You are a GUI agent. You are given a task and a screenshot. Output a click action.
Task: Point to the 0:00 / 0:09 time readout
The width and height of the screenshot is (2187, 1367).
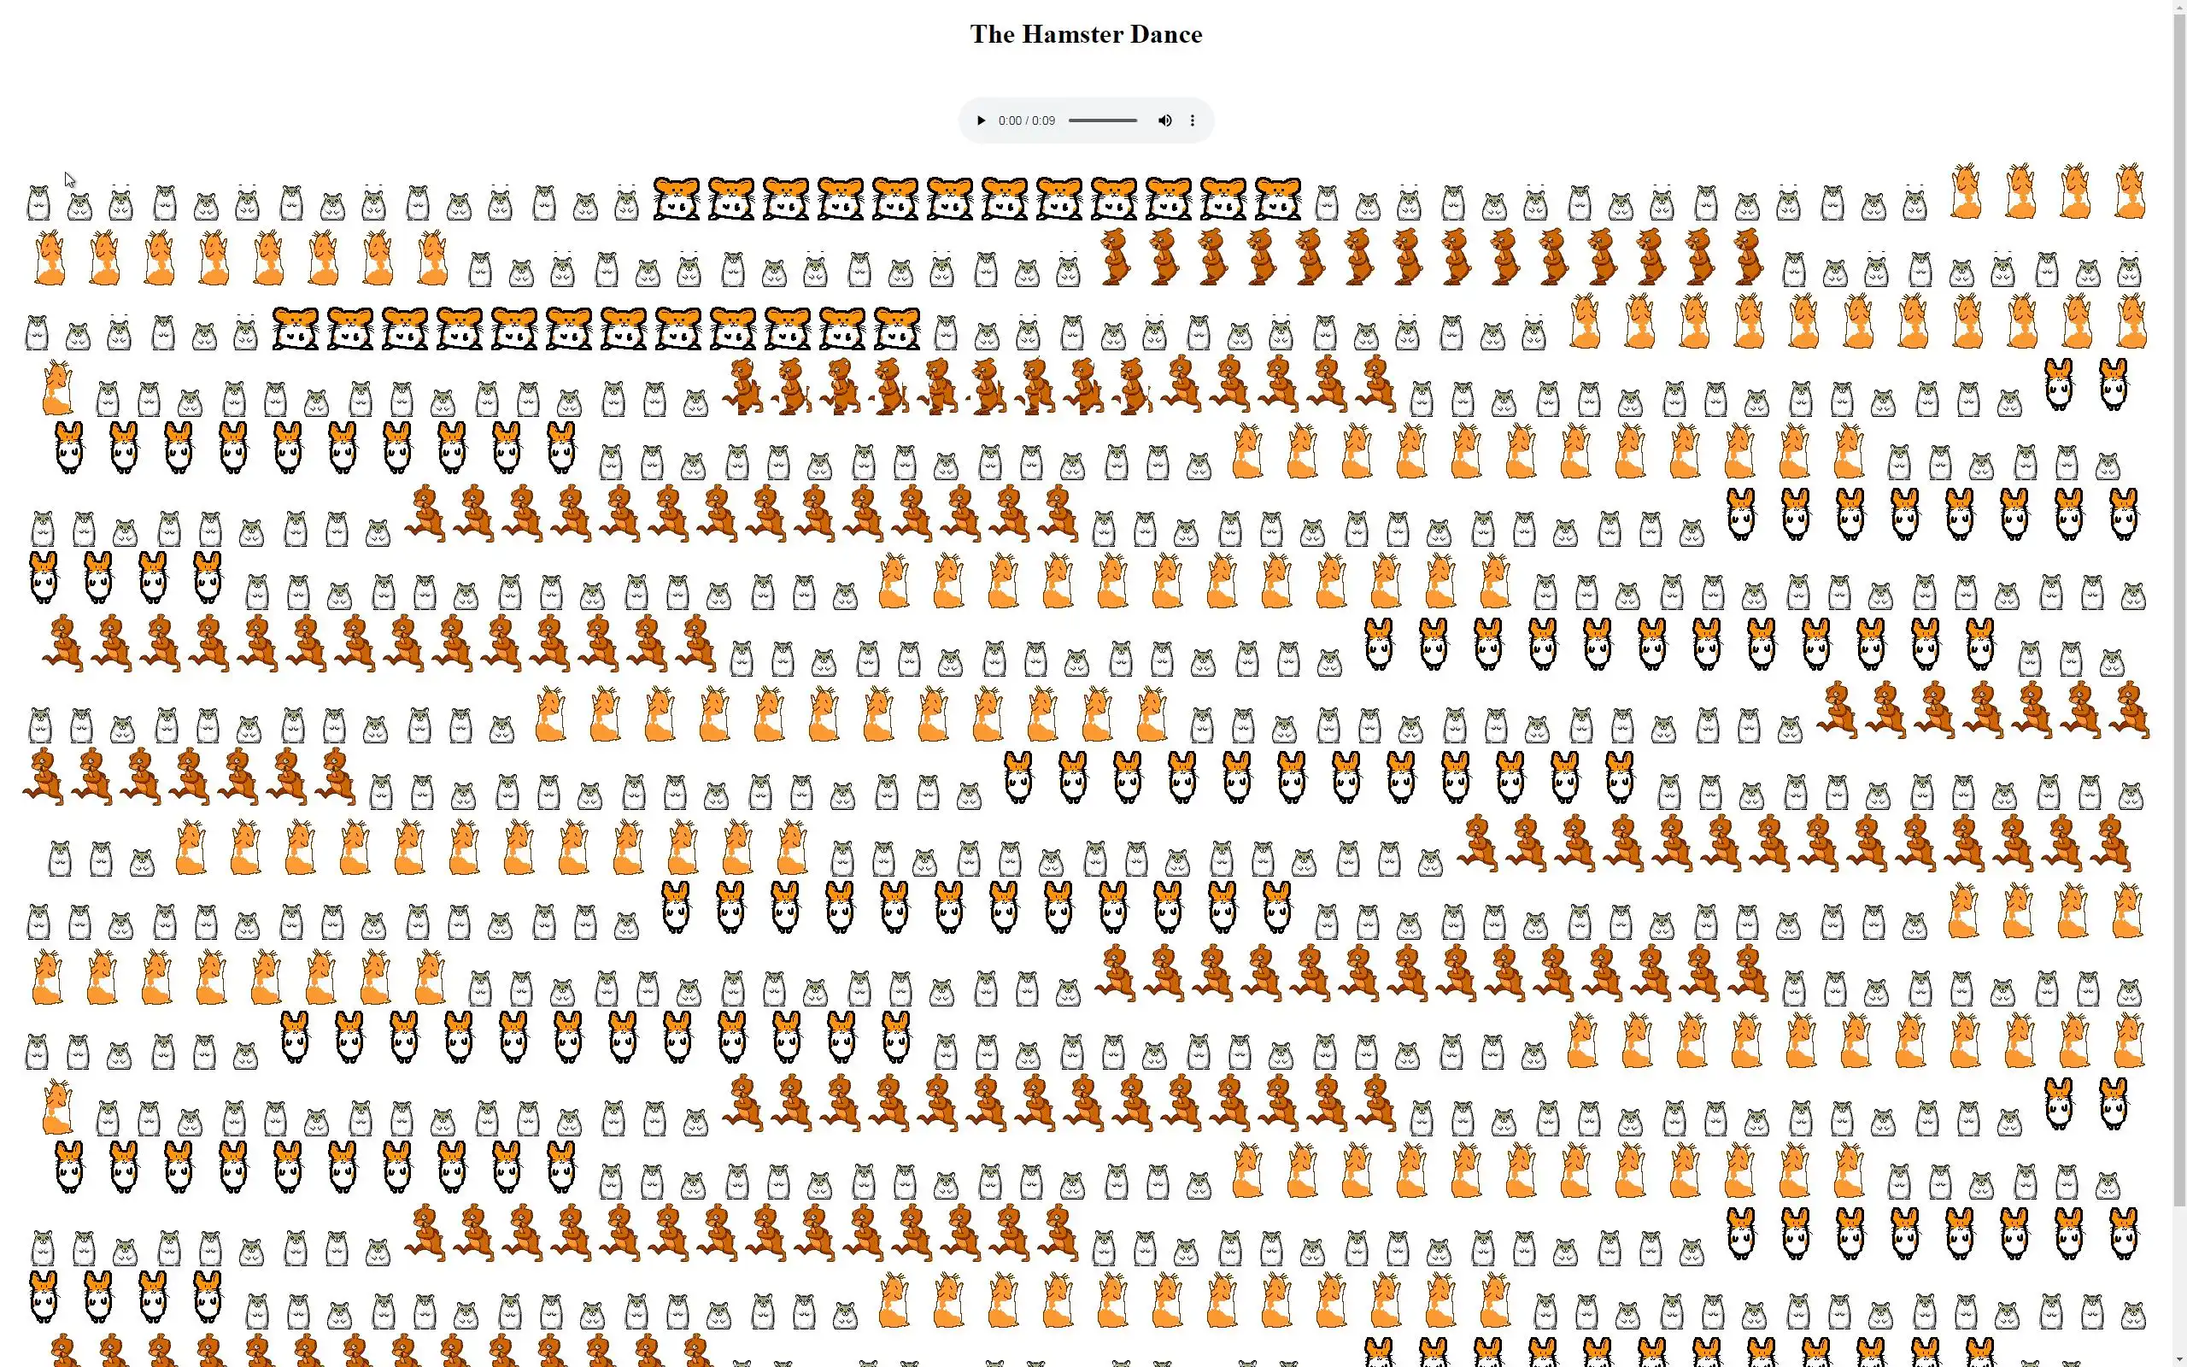coord(1027,120)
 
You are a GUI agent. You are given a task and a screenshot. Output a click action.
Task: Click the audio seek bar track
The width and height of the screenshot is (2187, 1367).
coord(1103,120)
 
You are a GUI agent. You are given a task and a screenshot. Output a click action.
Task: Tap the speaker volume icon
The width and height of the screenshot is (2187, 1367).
coord(1165,120)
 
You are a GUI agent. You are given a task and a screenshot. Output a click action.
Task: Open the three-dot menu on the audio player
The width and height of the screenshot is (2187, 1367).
coord(1192,120)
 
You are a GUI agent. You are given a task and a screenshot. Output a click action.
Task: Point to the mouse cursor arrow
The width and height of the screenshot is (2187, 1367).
coord(69,180)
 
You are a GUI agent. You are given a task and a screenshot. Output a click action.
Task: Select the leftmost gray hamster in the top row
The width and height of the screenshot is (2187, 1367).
coord(38,203)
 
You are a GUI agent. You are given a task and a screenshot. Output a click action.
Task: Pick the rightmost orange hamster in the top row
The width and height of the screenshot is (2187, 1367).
coord(2129,191)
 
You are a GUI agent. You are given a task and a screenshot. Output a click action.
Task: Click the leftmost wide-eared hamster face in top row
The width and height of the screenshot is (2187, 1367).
coord(676,199)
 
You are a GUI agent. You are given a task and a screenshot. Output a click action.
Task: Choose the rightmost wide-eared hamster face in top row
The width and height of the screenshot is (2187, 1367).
coord(1278,199)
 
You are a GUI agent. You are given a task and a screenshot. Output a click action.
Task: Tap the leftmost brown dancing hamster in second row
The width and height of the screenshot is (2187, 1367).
coord(1115,257)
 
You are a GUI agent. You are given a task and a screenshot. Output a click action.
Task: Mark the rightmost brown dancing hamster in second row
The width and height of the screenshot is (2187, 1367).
coord(1748,257)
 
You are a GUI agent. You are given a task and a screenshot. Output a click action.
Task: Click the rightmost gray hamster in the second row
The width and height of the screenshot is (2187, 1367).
coord(2129,270)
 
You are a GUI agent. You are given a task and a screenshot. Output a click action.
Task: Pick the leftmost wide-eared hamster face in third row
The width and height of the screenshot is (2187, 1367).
coord(296,328)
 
